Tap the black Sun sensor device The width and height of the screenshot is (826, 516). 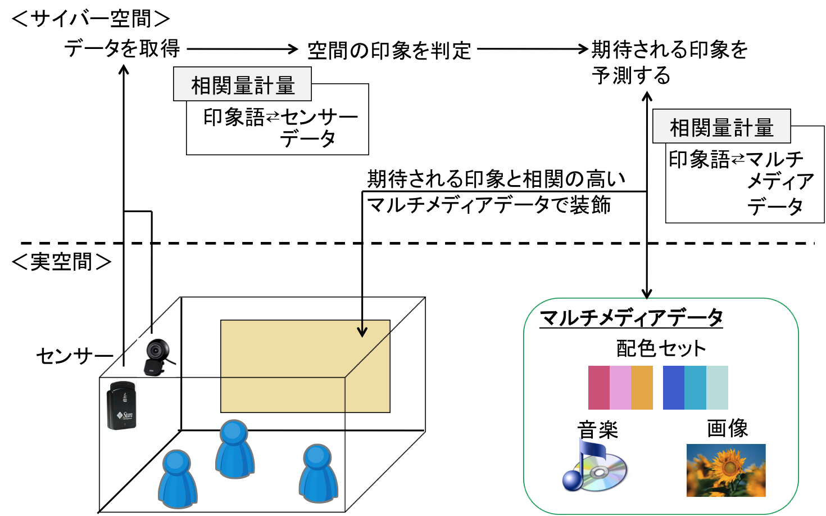click(121, 406)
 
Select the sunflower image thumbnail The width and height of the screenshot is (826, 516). click(725, 470)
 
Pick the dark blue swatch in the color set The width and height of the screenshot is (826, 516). click(673, 388)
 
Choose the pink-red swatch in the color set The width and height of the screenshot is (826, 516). click(598, 388)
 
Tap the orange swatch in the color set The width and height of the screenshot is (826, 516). click(642, 388)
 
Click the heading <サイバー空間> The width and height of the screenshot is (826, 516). click(90, 19)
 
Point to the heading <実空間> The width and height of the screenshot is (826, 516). click(61, 262)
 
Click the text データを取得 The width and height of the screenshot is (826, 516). click(122, 49)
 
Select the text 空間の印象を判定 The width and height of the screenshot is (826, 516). click(389, 51)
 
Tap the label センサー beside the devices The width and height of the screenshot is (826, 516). click(74, 356)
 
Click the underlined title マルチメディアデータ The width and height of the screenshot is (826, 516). click(630, 318)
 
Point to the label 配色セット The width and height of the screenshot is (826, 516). click(661, 348)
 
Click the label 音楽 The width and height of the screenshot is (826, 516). click(597, 430)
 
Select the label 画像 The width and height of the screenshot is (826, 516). click(727, 428)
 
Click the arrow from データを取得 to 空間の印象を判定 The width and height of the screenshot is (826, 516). click(242, 50)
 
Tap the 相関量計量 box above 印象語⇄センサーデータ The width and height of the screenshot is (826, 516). click(242, 85)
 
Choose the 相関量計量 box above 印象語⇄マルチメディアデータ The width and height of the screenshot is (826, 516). click(721, 127)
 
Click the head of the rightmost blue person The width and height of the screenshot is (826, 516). click(317, 456)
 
